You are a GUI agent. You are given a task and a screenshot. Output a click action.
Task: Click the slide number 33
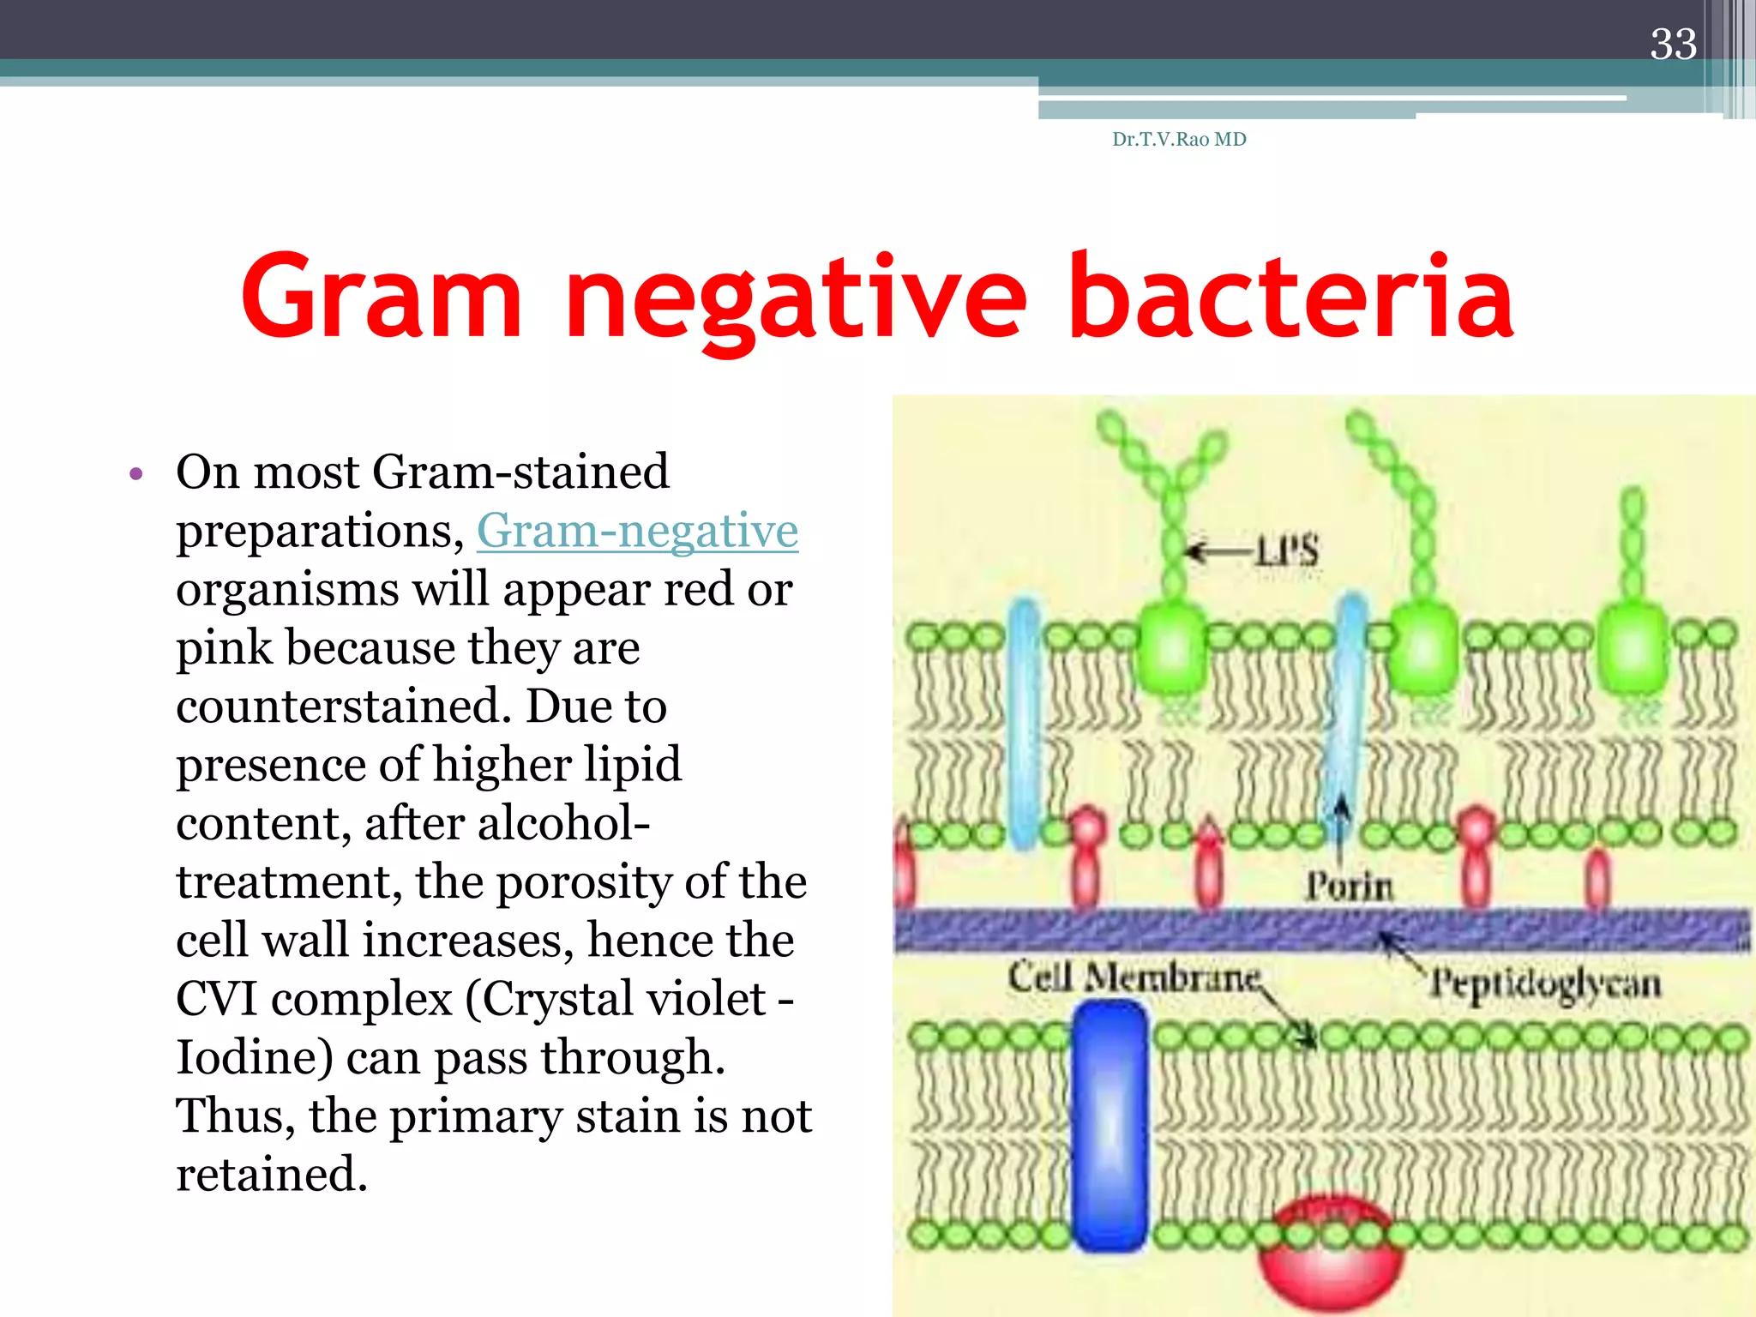coord(1672,45)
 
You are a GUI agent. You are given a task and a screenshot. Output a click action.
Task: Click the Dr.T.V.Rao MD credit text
coord(1179,139)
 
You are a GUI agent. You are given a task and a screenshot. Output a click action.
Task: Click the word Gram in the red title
coord(382,296)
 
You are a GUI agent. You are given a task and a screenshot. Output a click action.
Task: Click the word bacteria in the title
coord(1292,296)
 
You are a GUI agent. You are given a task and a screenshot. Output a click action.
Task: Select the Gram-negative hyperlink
coord(637,530)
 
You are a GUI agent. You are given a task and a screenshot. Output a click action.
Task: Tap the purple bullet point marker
coord(135,473)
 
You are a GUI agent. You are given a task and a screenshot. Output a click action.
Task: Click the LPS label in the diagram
coord(1286,550)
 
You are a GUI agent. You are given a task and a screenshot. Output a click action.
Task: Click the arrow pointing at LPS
coord(1218,550)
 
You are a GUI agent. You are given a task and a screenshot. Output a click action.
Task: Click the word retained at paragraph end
coord(271,1174)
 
